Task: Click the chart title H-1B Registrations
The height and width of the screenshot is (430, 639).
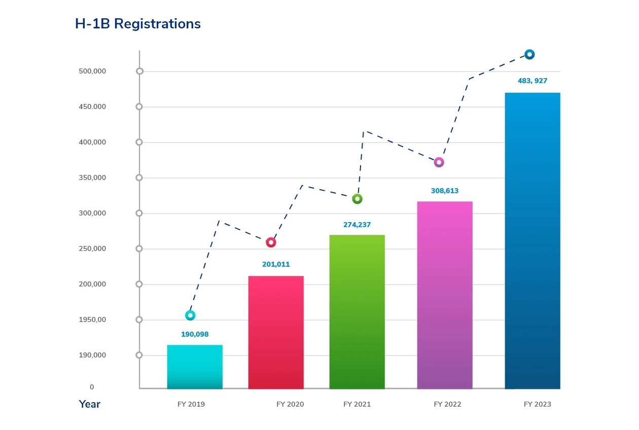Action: coord(138,24)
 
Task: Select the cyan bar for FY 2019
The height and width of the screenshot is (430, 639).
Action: coord(195,367)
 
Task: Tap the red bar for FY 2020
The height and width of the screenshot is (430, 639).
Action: coord(276,332)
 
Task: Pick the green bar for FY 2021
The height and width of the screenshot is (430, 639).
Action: coord(357,312)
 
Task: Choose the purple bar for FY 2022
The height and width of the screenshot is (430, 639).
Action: coord(445,295)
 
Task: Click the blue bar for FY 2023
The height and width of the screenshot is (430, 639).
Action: coord(532,241)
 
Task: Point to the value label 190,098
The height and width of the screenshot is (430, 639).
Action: coord(195,334)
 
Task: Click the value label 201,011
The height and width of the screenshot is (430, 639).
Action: coord(276,264)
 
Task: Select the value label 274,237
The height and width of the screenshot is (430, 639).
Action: coord(357,225)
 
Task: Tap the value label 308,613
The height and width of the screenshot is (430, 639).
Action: coord(445,191)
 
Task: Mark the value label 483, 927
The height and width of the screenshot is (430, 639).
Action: coord(532,81)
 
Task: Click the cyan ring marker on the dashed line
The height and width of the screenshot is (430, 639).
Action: coord(190,315)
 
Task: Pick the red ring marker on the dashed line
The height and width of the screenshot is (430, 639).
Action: coord(271,242)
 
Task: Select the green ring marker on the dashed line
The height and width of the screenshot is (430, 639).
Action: coord(357,199)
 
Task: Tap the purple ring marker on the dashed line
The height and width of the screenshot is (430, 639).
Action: coord(439,162)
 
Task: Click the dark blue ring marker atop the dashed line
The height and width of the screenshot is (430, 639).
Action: coord(529,54)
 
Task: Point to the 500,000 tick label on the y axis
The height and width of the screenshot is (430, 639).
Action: coord(92,71)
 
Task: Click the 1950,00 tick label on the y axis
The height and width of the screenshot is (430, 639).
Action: coord(92,319)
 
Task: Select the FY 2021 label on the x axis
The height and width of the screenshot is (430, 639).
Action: coord(357,404)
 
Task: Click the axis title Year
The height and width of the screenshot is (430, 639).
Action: coord(90,404)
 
